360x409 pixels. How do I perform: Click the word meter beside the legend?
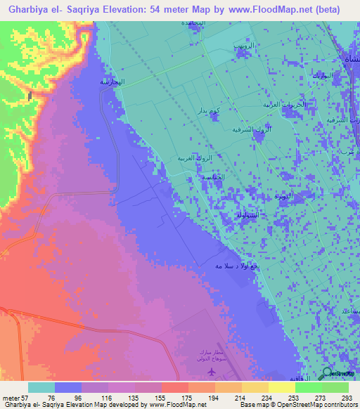tap(13, 398)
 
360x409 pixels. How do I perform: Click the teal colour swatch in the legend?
tap(41, 387)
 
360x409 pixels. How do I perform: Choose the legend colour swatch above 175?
tap(174, 387)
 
